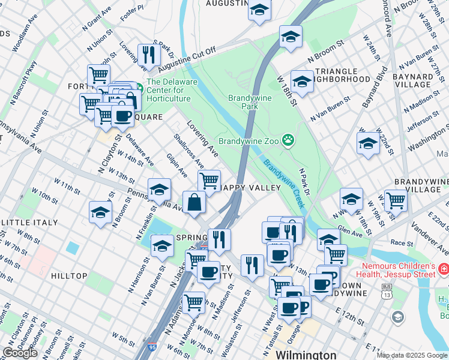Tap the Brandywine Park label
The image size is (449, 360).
pyautogui.click(x=250, y=102)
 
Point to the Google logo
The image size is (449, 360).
pyautogui.click(x=20, y=353)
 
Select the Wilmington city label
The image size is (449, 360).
pyautogui.click(x=306, y=355)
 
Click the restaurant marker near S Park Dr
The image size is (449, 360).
pyautogui.click(x=148, y=55)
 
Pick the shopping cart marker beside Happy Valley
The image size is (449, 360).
pyautogui.click(x=209, y=180)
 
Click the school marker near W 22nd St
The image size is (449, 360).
pyautogui.click(x=368, y=143)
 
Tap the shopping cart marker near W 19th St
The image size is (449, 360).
pyautogui.click(x=396, y=200)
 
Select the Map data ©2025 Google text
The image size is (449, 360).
pyautogui.click(x=412, y=355)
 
